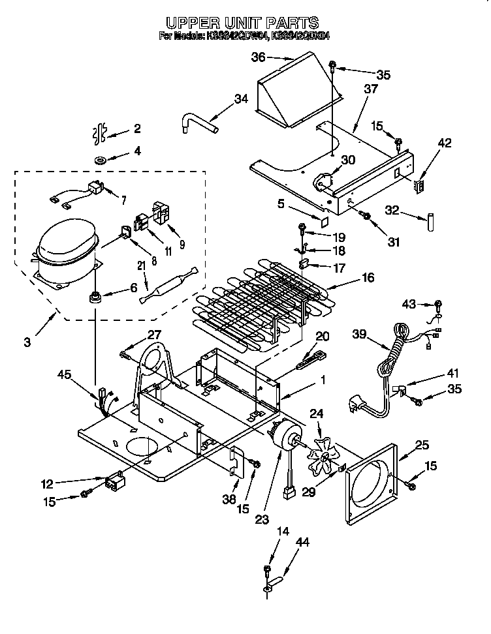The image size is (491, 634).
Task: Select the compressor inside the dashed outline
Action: pos(66,251)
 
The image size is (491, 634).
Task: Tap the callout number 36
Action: pos(259,57)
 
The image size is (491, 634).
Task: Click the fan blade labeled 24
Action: pos(325,455)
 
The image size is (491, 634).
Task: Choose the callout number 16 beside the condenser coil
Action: pos(368,278)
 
